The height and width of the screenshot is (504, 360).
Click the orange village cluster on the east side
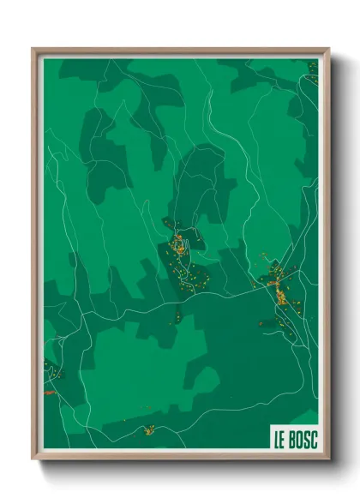coord(280,296)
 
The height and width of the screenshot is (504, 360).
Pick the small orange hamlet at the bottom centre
coord(149,429)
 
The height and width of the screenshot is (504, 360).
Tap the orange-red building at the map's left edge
coord(48,393)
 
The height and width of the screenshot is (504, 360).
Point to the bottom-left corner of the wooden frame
coord(33,458)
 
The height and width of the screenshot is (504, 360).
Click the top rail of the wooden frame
coord(180,51)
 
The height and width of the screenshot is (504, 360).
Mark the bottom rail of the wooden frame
coord(180,457)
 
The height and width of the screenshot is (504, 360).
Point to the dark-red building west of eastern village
coord(265,323)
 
